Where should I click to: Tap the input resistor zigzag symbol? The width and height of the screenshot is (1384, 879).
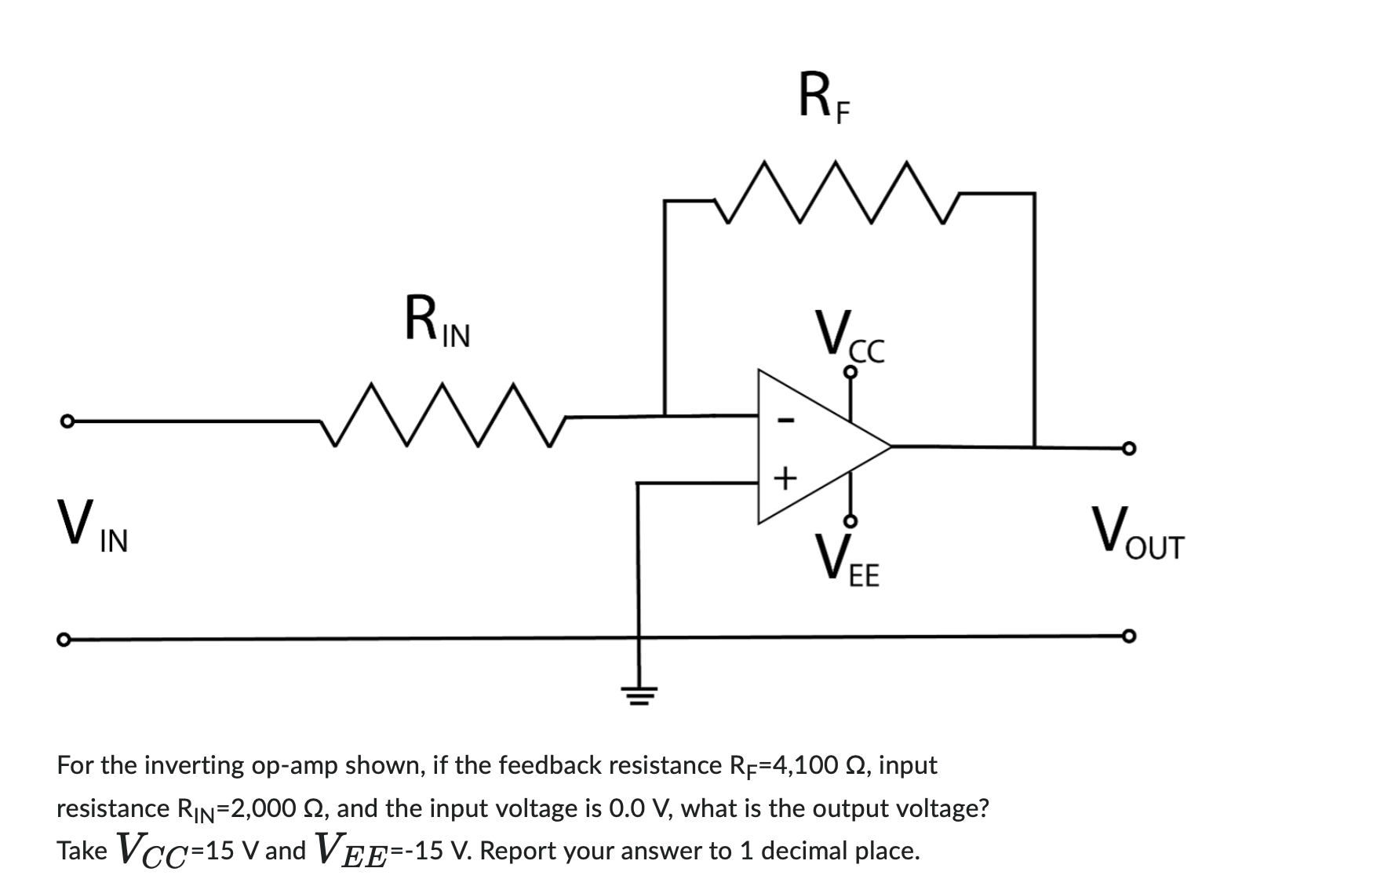tap(442, 415)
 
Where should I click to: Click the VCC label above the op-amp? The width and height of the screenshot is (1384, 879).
tap(849, 337)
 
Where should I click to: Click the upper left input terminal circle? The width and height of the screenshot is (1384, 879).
tap(67, 421)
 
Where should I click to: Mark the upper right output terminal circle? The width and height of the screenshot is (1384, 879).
tap(1128, 448)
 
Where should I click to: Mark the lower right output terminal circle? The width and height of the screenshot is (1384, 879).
tap(1128, 634)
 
